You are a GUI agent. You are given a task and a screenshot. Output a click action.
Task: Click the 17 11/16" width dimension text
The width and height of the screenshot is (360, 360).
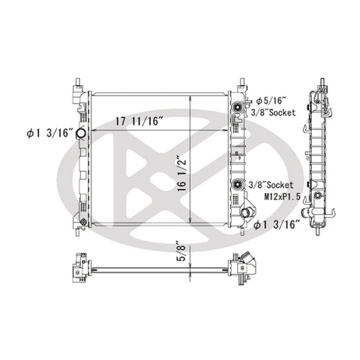point(139,121)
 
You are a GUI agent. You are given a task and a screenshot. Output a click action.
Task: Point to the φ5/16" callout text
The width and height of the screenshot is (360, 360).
point(271,100)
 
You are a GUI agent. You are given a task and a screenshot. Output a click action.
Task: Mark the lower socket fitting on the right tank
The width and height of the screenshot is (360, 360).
point(237,184)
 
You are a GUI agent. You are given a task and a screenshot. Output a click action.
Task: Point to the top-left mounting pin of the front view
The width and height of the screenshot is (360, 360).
point(78,82)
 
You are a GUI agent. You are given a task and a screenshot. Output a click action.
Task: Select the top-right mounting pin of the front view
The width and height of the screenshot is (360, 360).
point(242,82)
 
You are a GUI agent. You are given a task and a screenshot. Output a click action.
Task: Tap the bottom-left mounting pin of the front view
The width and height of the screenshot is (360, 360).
point(78,231)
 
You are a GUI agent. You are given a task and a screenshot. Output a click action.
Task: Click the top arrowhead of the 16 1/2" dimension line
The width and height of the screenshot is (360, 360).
point(191,98)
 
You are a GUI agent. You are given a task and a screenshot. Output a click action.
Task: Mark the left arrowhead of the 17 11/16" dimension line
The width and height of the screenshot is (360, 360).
point(94,130)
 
